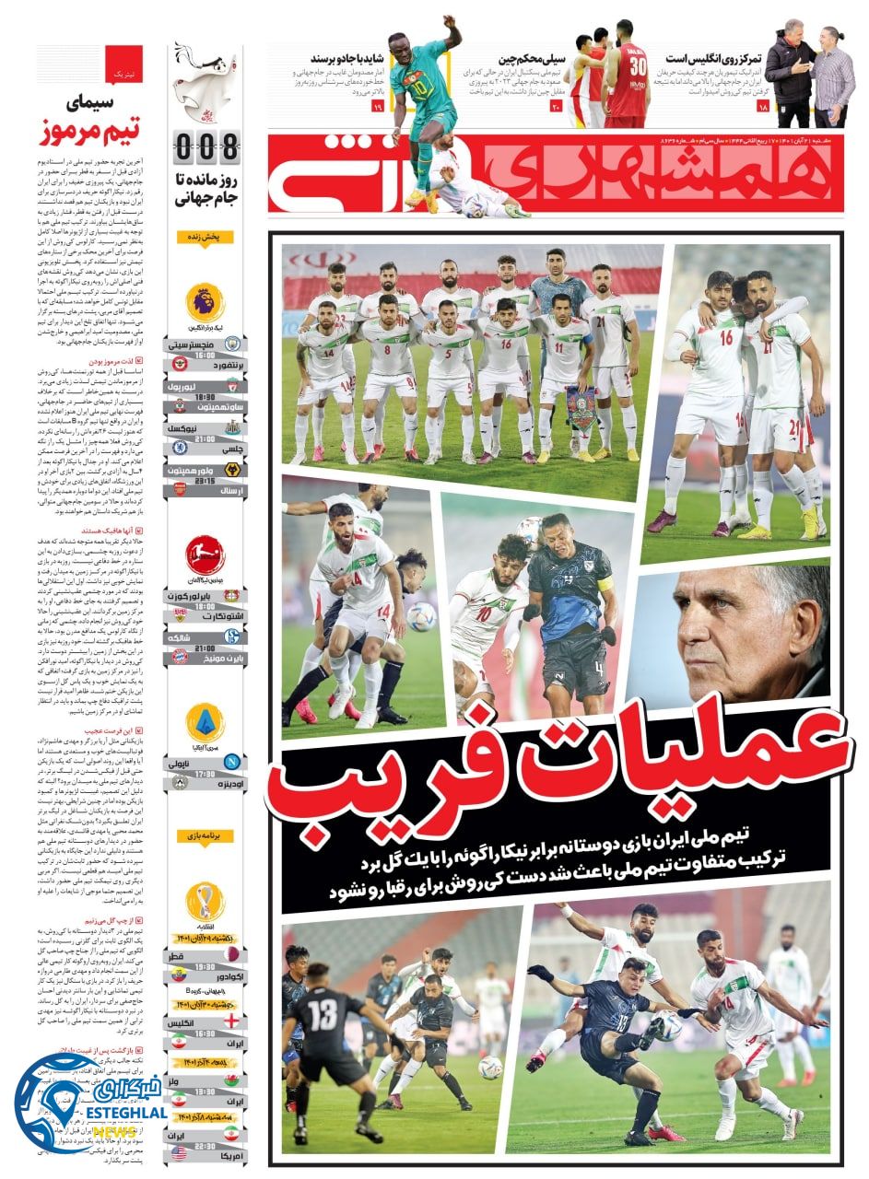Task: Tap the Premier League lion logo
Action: (x=205, y=303)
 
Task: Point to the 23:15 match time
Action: (x=205, y=480)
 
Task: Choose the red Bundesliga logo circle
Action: (x=205, y=555)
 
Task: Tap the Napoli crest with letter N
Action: (x=230, y=762)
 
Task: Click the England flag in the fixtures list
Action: (x=230, y=1021)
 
